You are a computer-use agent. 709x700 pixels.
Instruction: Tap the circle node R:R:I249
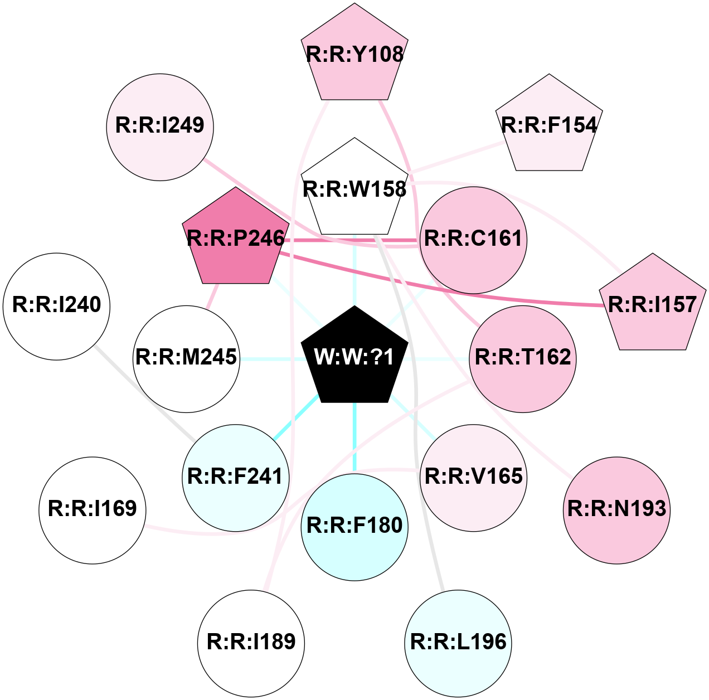point(160,127)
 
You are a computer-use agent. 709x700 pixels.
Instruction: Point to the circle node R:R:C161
point(473,240)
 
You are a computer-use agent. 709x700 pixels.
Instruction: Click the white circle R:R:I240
point(56,306)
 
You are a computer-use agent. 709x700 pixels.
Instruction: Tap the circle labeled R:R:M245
point(186,358)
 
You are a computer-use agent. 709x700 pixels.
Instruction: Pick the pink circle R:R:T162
point(523,358)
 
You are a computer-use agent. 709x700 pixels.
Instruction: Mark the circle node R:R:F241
point(235,478)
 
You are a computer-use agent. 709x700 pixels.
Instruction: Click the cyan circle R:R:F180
point(354,527)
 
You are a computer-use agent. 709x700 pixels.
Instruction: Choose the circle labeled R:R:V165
point(474,478)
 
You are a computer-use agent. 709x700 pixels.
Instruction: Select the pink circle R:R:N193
point(616,510)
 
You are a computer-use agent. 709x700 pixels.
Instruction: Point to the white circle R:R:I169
point(92,510)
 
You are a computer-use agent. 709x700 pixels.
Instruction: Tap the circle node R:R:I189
point(251,643)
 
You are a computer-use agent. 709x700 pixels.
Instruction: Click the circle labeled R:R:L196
point(458,643)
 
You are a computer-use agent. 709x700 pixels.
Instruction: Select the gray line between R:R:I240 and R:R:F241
point(145,392)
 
